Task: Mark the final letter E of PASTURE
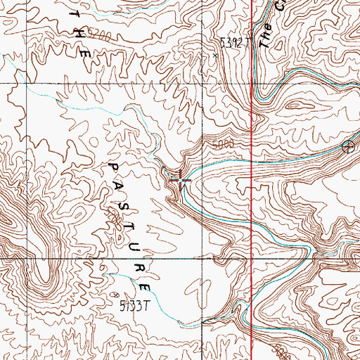[145, 288]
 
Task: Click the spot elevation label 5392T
[235, 43]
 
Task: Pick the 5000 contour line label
[221, 144]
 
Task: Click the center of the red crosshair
[181, 181]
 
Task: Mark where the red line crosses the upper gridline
[252, 83]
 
